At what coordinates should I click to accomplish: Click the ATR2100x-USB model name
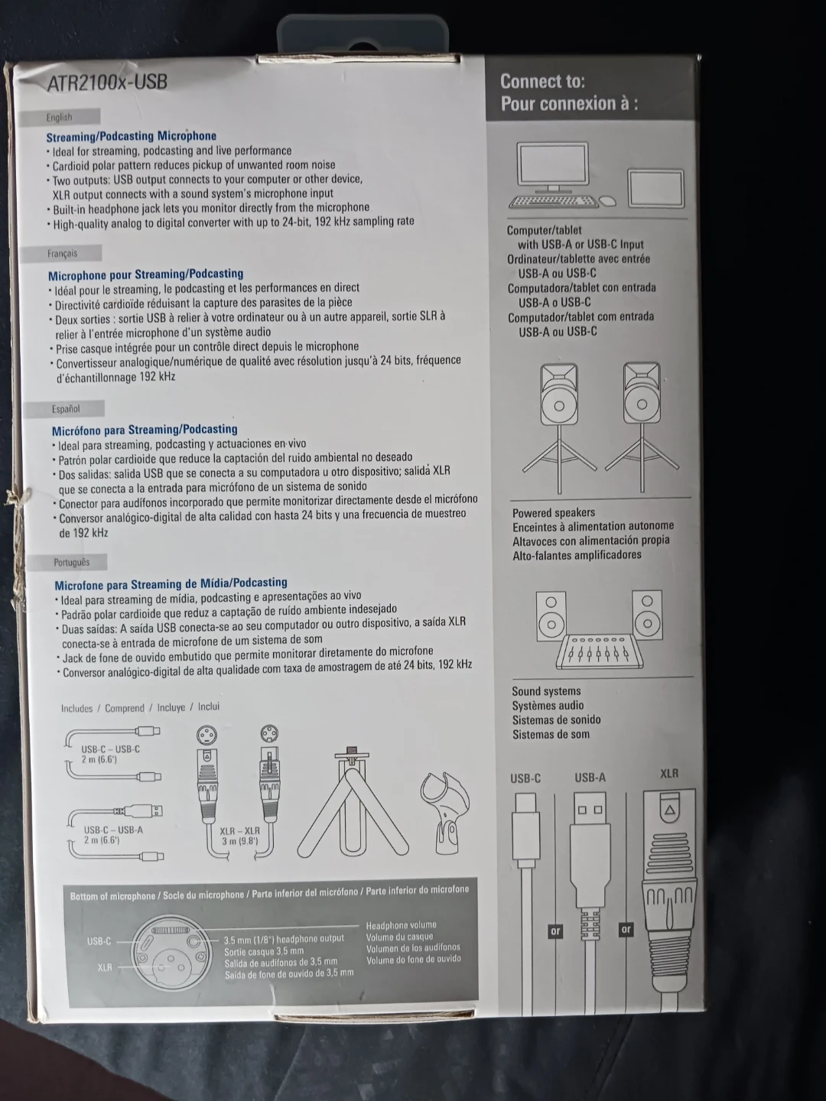[x=107, y=83]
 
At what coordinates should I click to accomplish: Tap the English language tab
[x=60, y=118]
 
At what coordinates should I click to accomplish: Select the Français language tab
[x=62, y=253]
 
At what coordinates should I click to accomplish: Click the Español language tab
[x=65, y=409]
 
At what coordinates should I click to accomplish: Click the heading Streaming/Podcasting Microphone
[x=132, y=136]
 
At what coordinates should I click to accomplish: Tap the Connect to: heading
[x=543, y=81]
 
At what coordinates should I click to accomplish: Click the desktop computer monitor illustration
[x=553, y=167]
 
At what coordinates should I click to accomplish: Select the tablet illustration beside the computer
[x=656, y=189]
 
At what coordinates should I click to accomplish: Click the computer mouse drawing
[x=608, y=200]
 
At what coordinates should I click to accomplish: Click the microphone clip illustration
[x=444, y=813]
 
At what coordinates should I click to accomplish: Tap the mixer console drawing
[x=600, y=651]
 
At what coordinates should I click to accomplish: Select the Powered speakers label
[x=554, y=512]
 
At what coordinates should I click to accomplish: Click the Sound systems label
[x=546, y=691]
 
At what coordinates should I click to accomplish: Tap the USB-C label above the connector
[x=525, y=778]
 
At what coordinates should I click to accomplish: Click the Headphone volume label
[x=402, y=925]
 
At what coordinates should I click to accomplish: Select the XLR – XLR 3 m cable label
[x=239, y=836]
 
